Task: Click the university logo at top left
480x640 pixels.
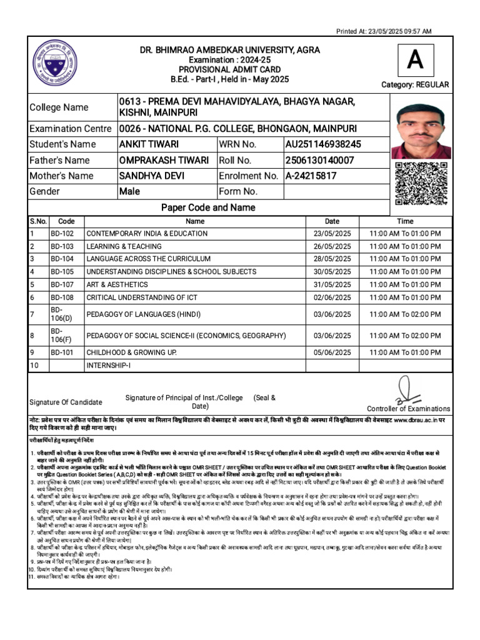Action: [55, 63]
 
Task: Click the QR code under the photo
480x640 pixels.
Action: [421, 183]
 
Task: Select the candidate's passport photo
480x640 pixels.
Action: [421, 131]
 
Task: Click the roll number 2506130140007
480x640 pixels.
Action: [319, 160]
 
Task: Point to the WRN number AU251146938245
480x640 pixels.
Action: [323, 144]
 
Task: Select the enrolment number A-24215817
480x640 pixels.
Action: [311, 176]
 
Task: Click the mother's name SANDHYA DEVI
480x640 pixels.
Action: [151, 176]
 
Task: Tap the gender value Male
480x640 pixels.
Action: [129, 192]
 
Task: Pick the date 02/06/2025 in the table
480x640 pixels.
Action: [332, 297]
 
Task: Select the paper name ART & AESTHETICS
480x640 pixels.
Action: [116, 284]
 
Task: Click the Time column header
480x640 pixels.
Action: [405, 221]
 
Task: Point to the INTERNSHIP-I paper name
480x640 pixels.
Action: [109, 365]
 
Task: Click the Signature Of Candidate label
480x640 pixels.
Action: [66, 402]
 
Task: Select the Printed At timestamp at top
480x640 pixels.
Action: [384, 31]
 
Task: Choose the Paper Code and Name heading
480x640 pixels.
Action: [208, 207]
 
